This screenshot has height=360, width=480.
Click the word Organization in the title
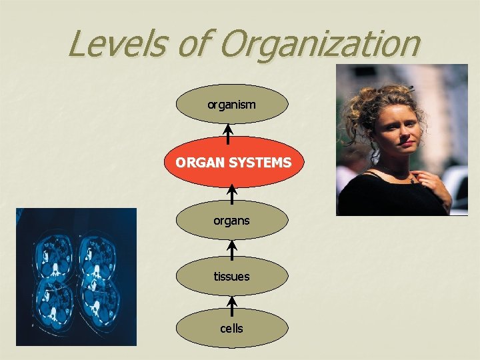[319, 44]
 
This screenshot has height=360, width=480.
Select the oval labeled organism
[232, 104]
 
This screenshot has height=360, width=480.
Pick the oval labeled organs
[232, 221]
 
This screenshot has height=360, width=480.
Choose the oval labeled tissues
[232, 275]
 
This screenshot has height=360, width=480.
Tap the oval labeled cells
[232, 328]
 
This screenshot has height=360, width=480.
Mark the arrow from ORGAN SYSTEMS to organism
[228, 135]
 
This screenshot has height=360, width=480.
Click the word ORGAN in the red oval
[196, 162]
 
